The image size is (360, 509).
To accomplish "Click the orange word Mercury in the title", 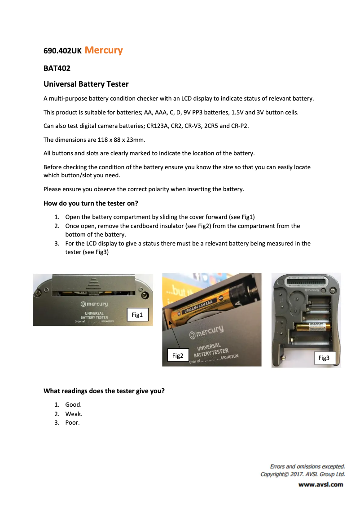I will click(103, 50).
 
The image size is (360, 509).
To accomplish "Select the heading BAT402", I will click(57, 69).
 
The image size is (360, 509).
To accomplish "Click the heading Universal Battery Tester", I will click(86, 84).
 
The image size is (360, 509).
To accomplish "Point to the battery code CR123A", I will click(158, 126).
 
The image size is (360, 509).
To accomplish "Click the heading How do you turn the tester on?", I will click(90, 203).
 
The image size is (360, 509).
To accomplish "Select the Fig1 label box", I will click(137, 315).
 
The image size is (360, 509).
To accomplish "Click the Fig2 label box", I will click(178, 355).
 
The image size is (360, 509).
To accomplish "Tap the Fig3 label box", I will click(324, 358).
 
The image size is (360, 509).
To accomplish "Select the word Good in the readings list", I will click(73, 404).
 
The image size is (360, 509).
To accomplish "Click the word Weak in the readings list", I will click(74, 414).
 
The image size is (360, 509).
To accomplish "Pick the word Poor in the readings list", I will click(72, 423).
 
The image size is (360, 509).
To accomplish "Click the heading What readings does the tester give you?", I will click(104, 391).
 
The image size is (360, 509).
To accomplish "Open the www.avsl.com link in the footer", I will click(320, 484).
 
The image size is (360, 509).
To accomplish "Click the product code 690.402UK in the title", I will click(62, 51).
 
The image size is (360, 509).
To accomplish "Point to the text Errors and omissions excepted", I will click(307, 466).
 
